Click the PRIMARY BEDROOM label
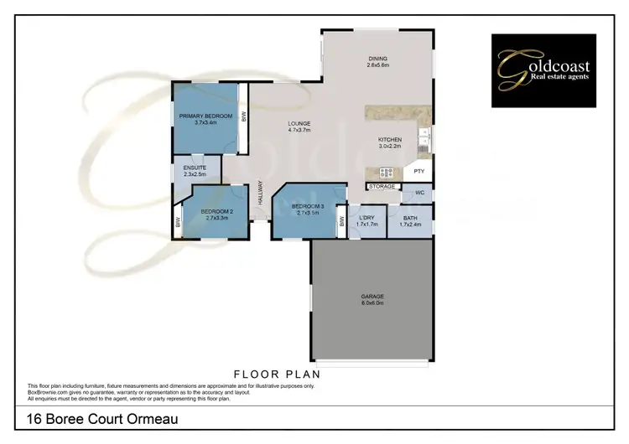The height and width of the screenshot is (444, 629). [x=204, y=118]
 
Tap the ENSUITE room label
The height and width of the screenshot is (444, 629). [x=195, y=171]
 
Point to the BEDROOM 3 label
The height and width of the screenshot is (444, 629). [x=307, y=209]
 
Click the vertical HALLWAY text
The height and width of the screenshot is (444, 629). [x=261, y=195]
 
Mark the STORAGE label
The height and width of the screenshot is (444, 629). [x=382, y=186]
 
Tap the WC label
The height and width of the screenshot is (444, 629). [x=418, y=194]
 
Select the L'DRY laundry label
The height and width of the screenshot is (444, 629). [x=366, y=221]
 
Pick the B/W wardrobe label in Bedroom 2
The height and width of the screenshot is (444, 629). [x=179, y=223]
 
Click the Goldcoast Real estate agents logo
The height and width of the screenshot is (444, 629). [x=543, y=70]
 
